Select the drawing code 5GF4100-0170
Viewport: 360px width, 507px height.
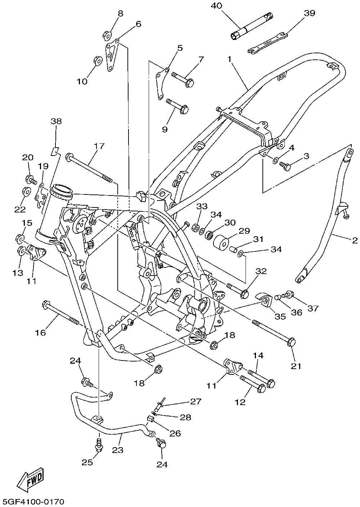point(33,501)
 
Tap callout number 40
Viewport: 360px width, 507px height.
point(217,6)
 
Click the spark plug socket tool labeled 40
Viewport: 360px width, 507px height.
point(252,27)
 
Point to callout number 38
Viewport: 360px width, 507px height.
point(56,121)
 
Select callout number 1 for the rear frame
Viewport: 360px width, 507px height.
point(230,59)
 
